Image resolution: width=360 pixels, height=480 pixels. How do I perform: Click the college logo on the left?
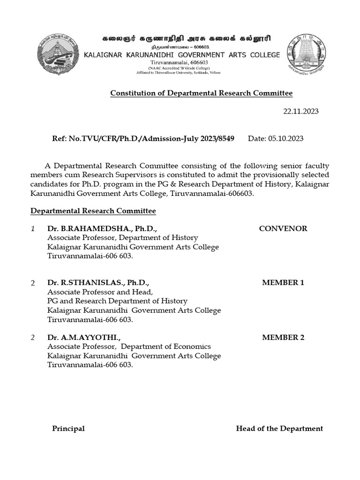pyautogui.click(x=58, y=55)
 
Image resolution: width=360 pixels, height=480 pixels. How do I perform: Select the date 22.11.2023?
pyautogui.click(x=300, y=111)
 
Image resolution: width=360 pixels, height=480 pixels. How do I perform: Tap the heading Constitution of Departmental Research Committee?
pyautogui.click(x=201, y=93)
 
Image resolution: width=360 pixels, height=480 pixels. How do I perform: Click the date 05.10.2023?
pyautogui.click(x=286, y=138)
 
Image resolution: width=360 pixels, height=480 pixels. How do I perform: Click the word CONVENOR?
pyautogui.click(x=283, y=229)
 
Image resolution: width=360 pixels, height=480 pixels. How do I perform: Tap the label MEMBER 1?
pyautogui.click(x=283, y=283)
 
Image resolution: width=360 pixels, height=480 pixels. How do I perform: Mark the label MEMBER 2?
pyautogui.click(x=283, y=337)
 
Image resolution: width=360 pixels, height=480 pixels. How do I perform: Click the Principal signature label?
pyautogui.click(x=68, y=428)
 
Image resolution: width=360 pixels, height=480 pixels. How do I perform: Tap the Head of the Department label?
pyautogui.click(x=279, y=428)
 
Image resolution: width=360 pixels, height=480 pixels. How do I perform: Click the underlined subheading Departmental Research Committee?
pyautogui.click(x=93, y=211)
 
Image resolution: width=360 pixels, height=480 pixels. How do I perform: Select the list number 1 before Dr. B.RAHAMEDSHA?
pyautogui.click(x=33, y=229)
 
